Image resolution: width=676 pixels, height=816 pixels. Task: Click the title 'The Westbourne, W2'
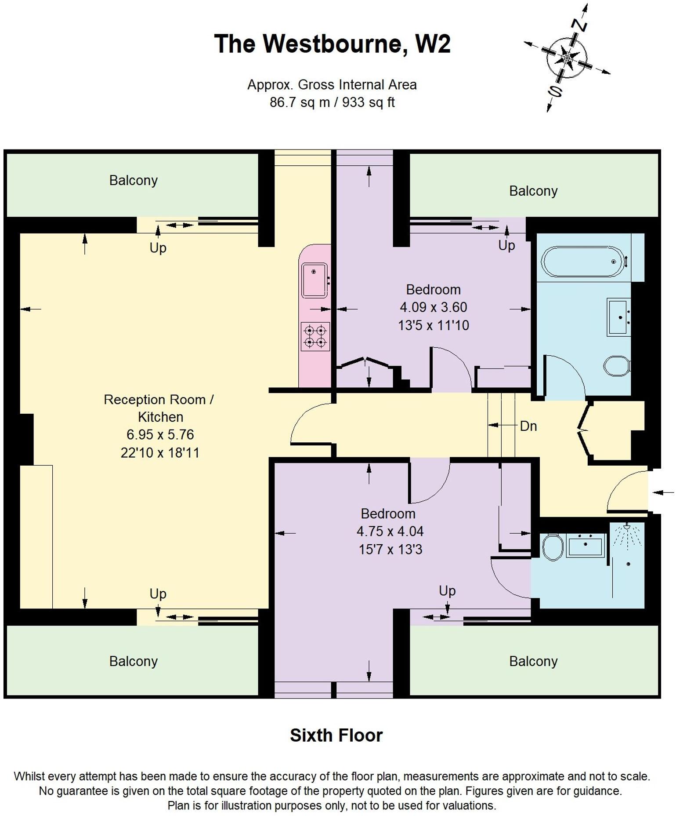332,44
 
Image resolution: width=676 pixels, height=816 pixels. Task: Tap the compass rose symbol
567,57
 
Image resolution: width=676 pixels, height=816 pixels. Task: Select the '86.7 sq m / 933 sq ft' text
332,102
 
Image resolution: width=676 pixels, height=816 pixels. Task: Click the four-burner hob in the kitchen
315,336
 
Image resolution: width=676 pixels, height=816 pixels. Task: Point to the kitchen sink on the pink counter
315,280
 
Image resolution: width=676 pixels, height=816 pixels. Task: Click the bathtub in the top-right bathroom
582,262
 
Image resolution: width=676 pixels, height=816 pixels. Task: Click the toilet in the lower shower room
553,547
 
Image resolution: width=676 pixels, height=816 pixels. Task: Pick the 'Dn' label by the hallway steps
528,426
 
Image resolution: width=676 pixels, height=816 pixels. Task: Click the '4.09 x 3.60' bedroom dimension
433,307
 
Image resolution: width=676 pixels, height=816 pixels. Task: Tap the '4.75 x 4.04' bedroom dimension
390,531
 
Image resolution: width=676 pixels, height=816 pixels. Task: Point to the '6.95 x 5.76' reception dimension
160,434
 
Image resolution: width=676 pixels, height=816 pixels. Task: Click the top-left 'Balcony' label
133,180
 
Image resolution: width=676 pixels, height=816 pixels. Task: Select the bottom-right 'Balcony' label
533,661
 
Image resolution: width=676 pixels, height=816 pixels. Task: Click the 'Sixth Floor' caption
336,735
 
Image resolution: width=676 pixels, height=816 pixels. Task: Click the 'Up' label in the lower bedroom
447,590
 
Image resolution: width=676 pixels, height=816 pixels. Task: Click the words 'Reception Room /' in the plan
159,400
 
